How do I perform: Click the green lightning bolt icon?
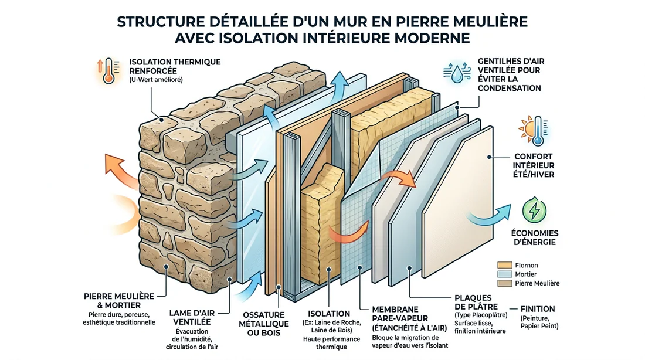coord(533,209)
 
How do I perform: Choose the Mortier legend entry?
coord(516,274)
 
